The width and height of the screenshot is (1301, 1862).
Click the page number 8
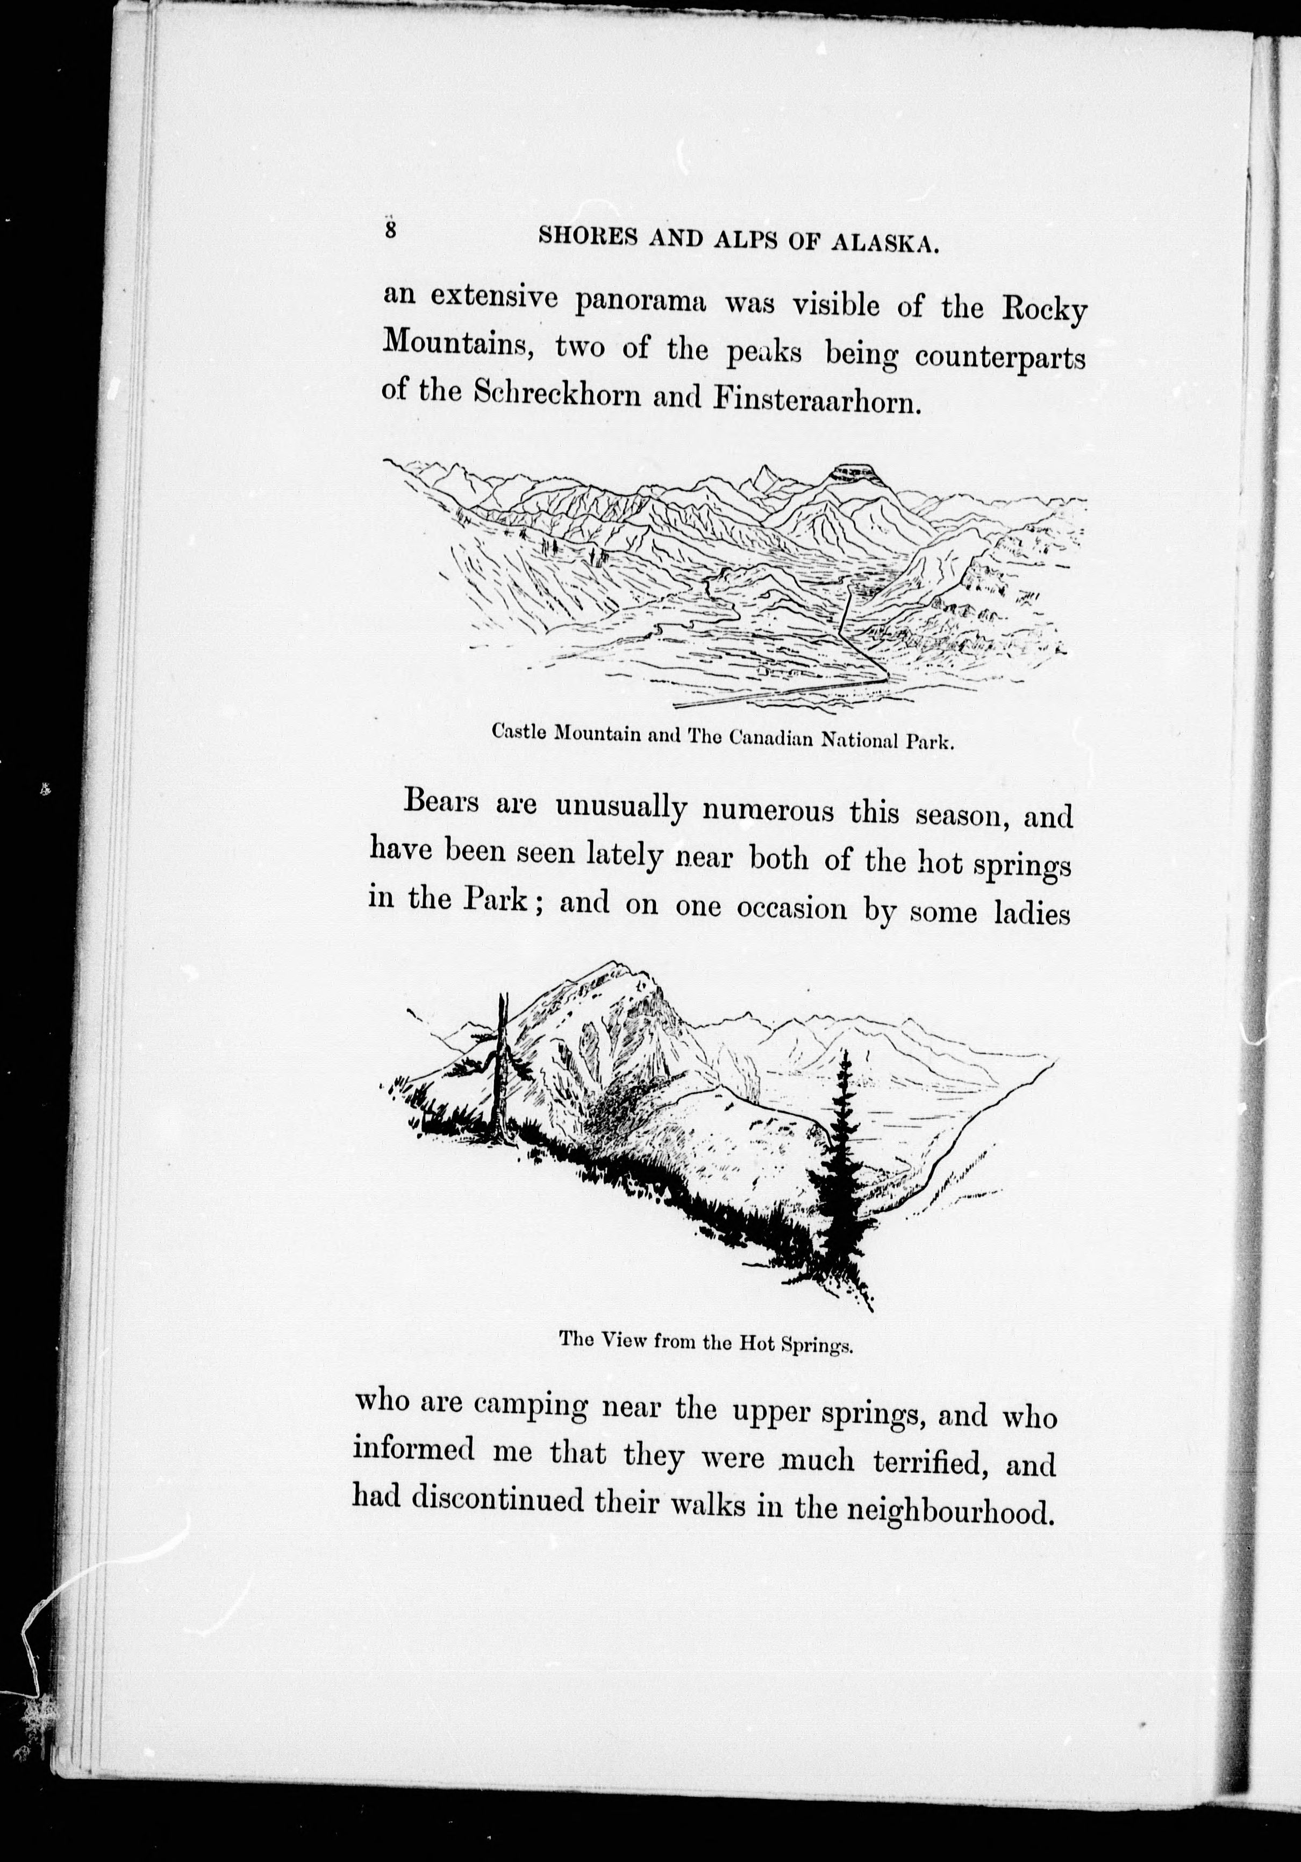click(x=391, y=230)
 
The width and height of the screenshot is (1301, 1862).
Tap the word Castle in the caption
click(x=521, y=732)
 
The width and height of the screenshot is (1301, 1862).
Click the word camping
click(x=531, y=1407)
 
